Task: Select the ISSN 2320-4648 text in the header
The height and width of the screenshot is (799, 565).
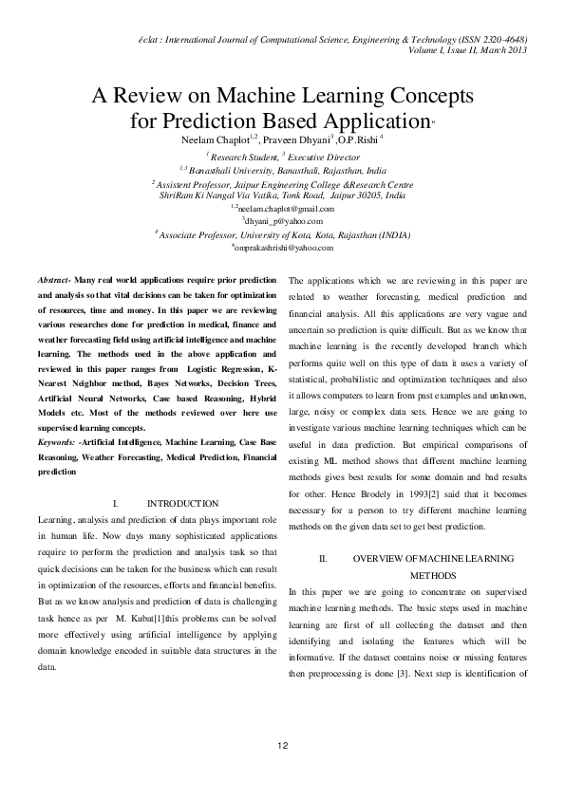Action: [489, 39]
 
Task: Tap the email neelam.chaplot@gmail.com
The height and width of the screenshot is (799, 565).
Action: [283, 208]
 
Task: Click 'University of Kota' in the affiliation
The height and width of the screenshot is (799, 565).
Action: [289, 234]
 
